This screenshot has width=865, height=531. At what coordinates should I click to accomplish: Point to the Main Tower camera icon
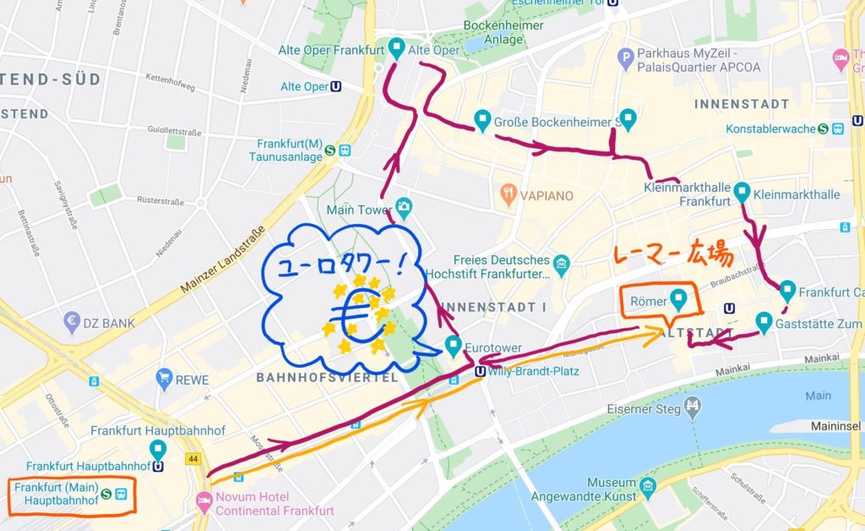click(x=404, y=206)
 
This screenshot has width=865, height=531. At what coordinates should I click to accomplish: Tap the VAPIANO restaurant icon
click(x=509, y=194)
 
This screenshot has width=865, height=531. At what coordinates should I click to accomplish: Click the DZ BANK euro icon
click(x=72, y=321)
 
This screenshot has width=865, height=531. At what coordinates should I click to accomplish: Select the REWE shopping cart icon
click(x=164, y=380)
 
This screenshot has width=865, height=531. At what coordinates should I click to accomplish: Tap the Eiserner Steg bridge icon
click(x=693, y=409)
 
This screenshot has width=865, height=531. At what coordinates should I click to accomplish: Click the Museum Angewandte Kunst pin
click(x=648, y=487)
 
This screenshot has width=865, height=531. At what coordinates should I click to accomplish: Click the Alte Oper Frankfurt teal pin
click(x=396, y=47)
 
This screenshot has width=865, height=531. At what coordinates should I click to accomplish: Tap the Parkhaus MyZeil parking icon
click(x=626, y=59)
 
